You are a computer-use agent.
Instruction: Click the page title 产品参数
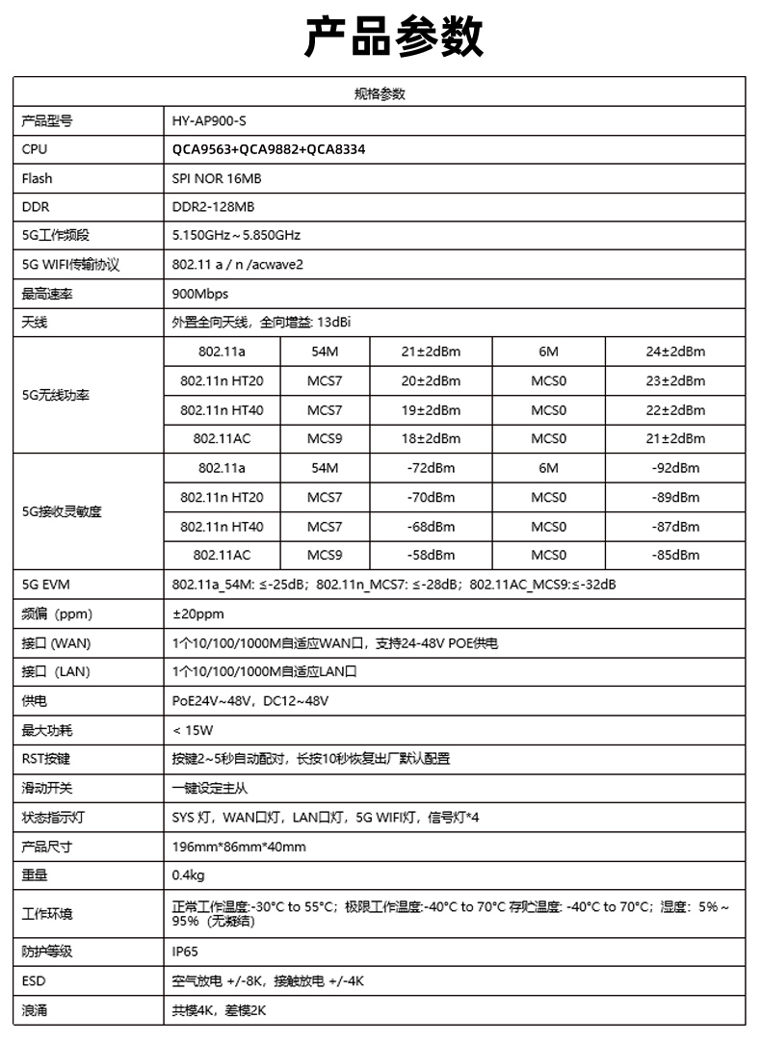point(380,38)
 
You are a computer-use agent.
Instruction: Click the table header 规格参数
point(380,93)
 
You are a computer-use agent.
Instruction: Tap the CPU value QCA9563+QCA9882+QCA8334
point(269,150)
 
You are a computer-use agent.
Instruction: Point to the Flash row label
point(38,178)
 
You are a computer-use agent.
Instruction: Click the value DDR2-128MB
point(213,207)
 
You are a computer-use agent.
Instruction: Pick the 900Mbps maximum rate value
point(199,294)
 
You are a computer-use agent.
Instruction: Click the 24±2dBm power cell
point(675,352)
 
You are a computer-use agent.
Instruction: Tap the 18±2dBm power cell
point(431,439)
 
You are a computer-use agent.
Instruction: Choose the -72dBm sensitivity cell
point(431,469)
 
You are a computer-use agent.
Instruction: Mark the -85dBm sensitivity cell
point(675,556)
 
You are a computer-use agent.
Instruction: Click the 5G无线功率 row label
point(55,396)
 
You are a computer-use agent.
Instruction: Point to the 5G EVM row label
point(46,585)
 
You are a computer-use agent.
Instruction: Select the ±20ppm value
point(197,613)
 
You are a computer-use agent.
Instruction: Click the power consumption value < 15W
point(193,730)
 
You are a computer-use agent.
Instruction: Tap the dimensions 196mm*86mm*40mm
point(239,847)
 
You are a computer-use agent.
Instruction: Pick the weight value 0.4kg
point(188,875)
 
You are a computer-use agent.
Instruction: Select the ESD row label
point(34,981)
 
